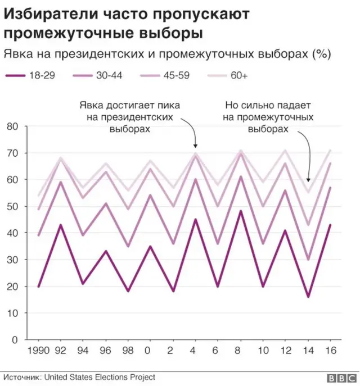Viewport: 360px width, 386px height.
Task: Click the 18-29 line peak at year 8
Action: point(241,211)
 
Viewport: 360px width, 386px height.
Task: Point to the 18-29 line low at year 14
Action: point(308,297)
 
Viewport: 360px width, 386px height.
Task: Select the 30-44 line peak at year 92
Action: point(61,182)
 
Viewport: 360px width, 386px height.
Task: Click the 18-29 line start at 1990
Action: point(38,287)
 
